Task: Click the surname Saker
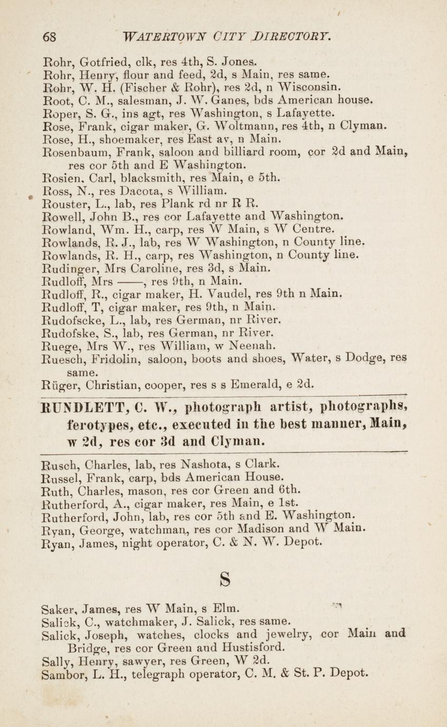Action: coord(57,609)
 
